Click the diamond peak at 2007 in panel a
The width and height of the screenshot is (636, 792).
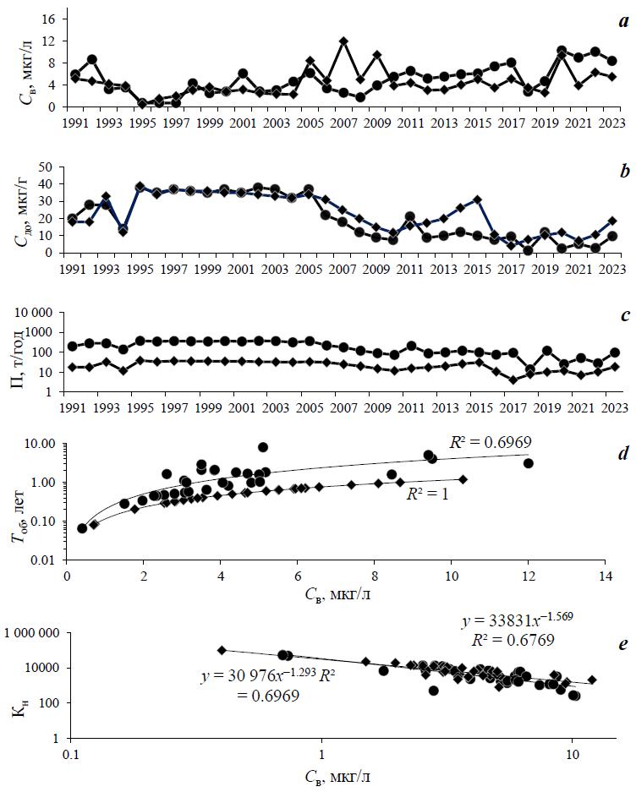343,41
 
